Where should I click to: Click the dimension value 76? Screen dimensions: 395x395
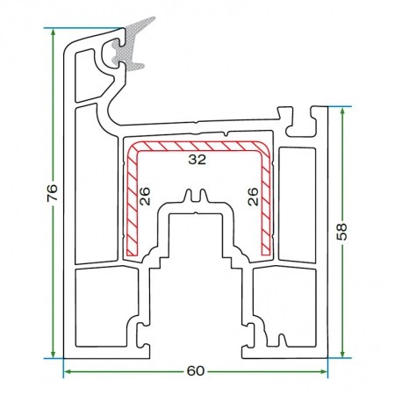(x=53, y=192)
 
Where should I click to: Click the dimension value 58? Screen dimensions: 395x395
(x=342, y=232)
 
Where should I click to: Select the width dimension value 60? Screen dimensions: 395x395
(x=196, y=371)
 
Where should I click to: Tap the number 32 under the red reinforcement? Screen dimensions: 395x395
(x=197, y=160)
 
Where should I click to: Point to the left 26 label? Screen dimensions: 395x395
(x=145, y=196)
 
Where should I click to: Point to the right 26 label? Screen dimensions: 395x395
(x=254, y=197)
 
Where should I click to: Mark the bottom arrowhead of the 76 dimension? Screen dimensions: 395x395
(x=53, y=354)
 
